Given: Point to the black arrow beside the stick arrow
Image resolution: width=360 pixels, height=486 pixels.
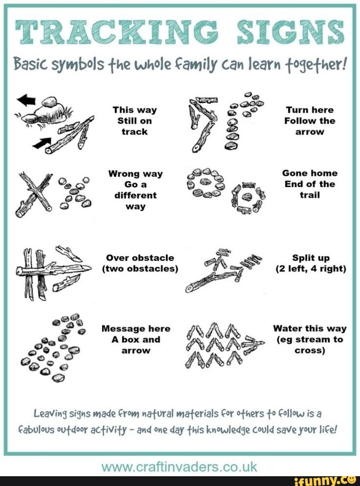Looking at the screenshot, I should (x=42, y=143).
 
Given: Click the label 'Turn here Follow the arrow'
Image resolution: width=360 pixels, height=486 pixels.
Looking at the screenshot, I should (x=311, y=121).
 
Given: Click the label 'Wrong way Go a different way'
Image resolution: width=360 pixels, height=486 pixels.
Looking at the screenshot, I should (x=135, y=190).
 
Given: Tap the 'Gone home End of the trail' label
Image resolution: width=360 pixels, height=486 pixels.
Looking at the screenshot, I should (x=310, y=184).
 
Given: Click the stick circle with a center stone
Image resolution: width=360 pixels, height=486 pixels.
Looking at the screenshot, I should (x=248, y=198).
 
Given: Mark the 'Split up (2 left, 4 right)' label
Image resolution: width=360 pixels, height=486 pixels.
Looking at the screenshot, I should (x=311, y=263).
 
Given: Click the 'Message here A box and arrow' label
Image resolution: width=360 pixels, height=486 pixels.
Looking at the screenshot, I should (x=135, y=339).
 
